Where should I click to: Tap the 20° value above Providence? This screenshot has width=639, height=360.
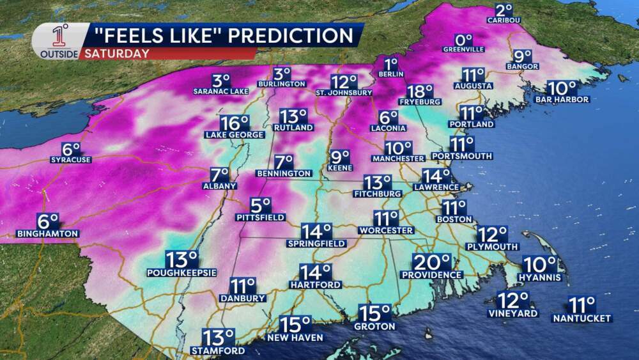point(432,262)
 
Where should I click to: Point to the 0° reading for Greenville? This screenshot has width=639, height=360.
point(463,40)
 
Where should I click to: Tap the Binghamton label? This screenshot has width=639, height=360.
point(48,233)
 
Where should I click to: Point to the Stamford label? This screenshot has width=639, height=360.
point(217,350)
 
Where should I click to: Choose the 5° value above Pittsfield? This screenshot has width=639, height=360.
point(261,205)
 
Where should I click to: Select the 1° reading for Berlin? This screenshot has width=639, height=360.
point(392,64)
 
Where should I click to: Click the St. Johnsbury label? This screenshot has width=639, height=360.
point(344,92)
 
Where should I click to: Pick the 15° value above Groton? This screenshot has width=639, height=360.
point(374,313)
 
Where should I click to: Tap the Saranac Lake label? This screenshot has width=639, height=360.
point(221,91)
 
